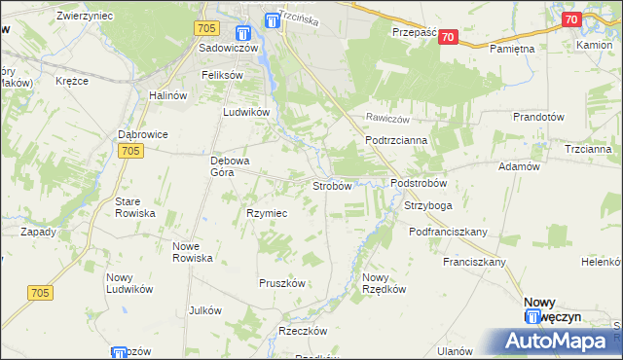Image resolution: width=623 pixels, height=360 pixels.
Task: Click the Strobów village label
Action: [x=331, y=186]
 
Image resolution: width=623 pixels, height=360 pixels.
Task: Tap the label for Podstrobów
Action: [x=418, y=183]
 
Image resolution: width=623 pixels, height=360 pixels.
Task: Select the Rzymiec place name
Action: [x=266, y=213]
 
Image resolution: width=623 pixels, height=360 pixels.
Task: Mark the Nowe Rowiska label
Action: [x=193, y=252]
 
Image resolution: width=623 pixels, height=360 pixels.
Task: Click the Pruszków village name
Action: [x=282, y=283]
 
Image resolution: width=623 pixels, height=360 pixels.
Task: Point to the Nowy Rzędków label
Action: [x=382, y=283]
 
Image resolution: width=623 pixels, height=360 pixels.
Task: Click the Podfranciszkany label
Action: [x=448, y=232]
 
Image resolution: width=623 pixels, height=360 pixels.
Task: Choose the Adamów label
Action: [x=519, y=166]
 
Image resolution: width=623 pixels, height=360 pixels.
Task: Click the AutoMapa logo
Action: [x=561, y=341]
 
